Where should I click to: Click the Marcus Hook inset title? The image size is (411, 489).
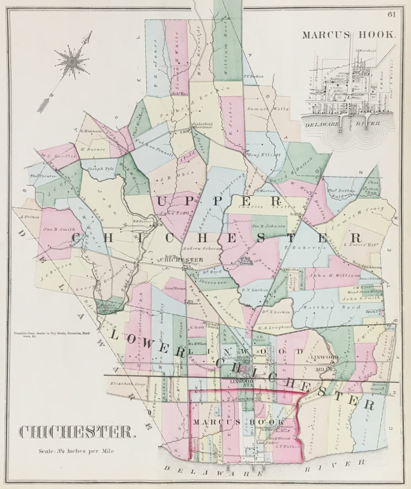tap(349, 35)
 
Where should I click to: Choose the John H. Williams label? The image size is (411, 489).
tap(335, 275)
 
